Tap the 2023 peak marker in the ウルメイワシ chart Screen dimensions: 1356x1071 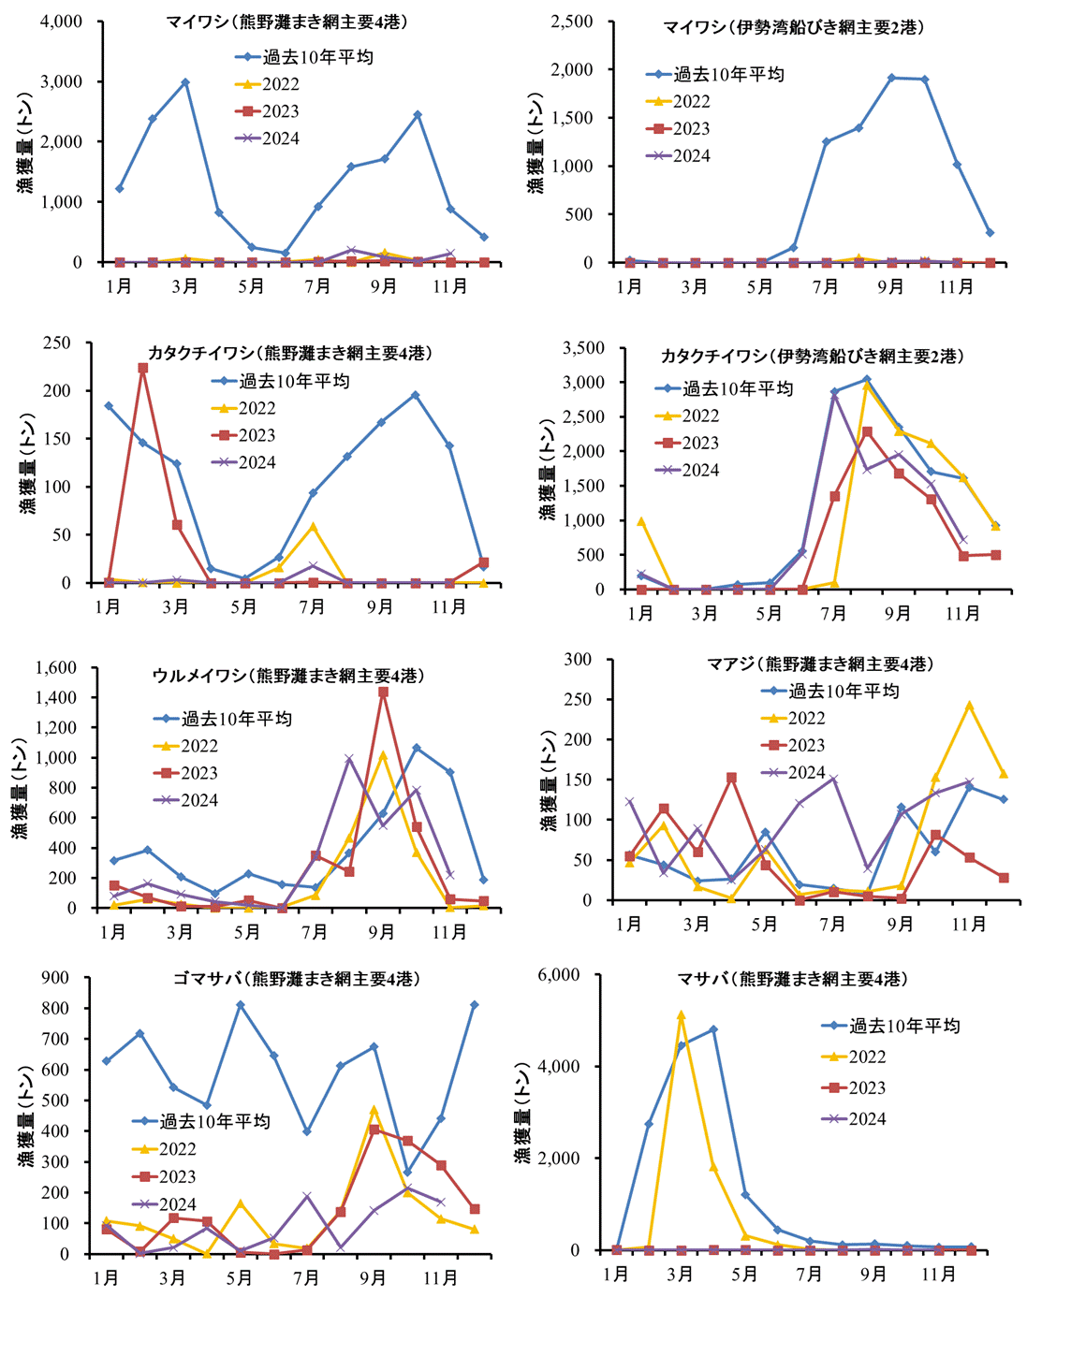383,693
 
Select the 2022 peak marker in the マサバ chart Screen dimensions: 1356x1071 681,1015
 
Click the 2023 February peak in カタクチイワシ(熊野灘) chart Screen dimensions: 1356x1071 142,368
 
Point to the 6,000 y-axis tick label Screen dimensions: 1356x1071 561,974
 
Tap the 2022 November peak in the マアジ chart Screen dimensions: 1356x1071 970,706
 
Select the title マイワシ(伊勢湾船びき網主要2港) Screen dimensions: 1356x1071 794,28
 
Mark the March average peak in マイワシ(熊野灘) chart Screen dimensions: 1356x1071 185,82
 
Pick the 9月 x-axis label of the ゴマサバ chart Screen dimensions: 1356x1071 374,1278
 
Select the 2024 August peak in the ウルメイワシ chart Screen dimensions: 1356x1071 349,759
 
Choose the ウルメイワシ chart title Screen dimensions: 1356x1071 288,676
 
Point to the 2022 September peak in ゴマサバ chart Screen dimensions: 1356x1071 374,1111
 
